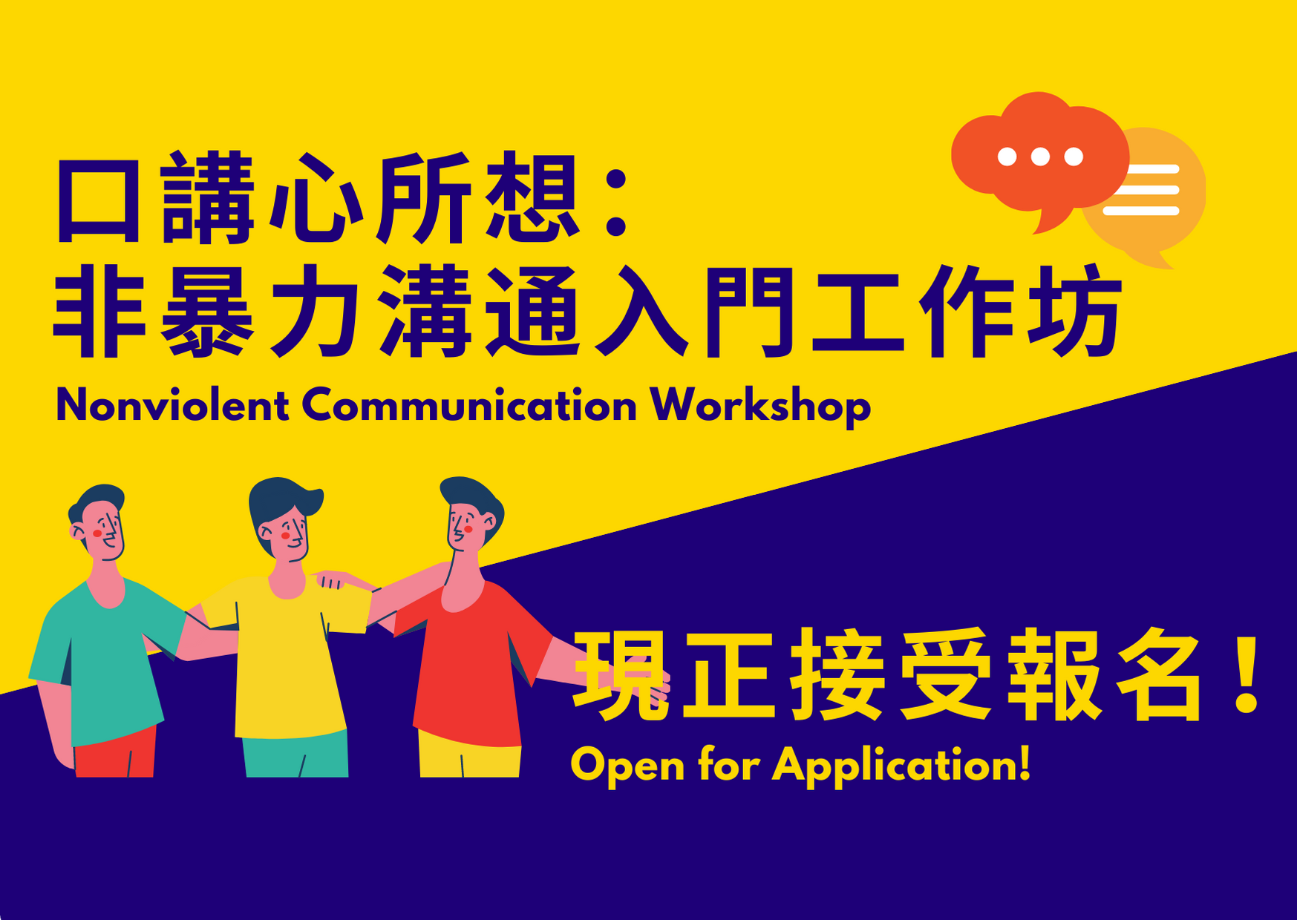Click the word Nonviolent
pos(172,406)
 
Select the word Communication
pos(469,406)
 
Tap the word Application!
pos(902,765)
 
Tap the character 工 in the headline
pos(857,312)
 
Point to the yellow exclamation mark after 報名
pos(1247,674)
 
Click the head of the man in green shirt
pos(98,522)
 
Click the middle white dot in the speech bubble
pos(1040,157)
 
